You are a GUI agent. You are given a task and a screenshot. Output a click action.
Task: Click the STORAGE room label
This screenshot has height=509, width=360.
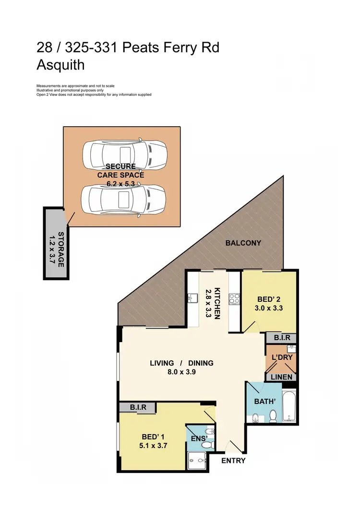[x=61, y=249]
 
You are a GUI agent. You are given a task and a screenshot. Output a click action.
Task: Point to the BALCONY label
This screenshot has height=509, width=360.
[x=243, y=243]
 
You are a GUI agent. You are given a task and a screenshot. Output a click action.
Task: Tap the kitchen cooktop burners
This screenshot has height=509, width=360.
[x=235, y=298]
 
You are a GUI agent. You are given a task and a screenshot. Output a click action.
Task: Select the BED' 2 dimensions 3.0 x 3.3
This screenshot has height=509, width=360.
[x=268, y=308]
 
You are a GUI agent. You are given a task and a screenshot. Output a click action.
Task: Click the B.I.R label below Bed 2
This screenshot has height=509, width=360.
[x=282, y=338]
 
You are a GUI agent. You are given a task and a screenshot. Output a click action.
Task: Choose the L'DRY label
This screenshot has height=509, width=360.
[x=282, y=357]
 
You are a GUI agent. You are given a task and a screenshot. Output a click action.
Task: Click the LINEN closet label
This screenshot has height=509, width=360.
[x=282, y=377]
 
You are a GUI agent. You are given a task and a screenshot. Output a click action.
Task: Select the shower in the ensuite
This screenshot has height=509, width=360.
[x=197, y=461]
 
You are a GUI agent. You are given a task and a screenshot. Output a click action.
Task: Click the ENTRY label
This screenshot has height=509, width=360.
[x=233, y=461]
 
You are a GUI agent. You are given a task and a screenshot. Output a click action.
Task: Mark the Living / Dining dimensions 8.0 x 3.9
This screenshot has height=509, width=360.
[x=181, y=371]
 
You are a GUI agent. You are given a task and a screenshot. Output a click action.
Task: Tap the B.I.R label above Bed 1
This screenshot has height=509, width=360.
[x=138, y=408]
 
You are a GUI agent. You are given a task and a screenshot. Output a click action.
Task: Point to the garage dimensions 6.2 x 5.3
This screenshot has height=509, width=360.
[x=120, y=184]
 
